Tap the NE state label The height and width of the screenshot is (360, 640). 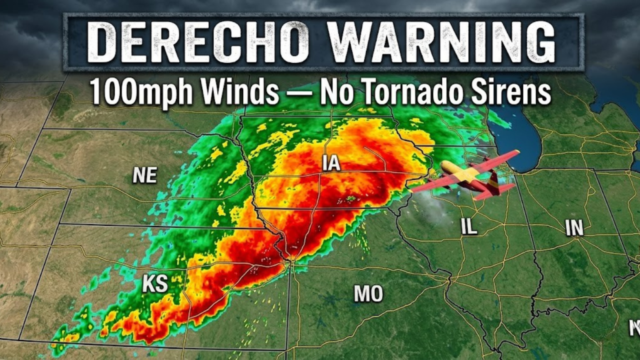pos(145,175)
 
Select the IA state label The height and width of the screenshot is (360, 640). pos(331,163)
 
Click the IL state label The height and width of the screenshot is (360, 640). pos(469,227)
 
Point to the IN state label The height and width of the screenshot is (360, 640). pos(574,227)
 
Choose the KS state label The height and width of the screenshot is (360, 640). pos(155,283)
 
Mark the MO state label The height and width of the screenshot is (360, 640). pos(368,293)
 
